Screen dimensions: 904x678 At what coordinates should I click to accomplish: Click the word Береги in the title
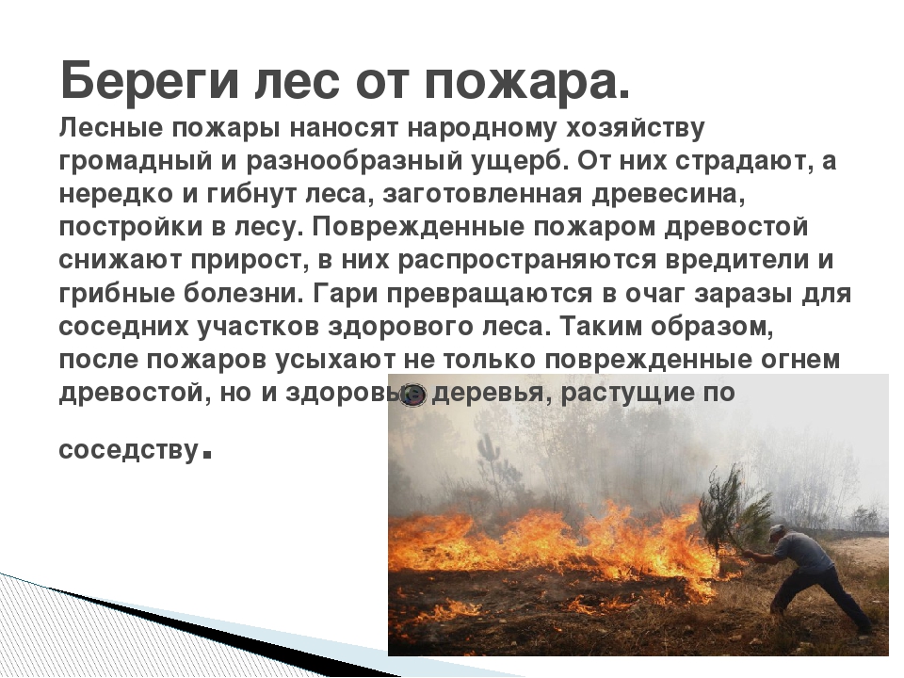149,81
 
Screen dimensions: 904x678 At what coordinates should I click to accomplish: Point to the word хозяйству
635,129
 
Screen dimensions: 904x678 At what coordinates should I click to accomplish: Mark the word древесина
669,195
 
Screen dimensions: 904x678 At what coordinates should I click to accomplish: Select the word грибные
118,294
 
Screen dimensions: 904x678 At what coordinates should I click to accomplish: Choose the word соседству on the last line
129,450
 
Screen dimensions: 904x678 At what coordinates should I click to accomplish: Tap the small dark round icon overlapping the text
413,394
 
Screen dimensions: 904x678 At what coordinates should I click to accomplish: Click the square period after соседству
208,455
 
